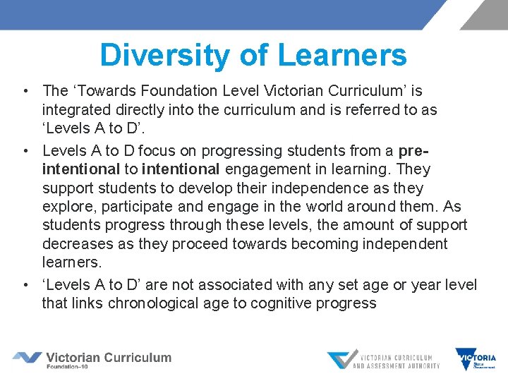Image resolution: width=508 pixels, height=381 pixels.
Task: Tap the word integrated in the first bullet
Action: [x=73, y=110]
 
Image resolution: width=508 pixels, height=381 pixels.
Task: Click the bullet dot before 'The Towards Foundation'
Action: [x=25, y=91]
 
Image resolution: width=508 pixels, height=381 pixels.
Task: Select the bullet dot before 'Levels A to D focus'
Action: [x=25, y=151]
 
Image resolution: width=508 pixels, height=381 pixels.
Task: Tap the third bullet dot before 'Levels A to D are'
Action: [x=25, y=285]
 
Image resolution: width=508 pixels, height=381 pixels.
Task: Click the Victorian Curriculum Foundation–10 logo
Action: [x=92, y=359]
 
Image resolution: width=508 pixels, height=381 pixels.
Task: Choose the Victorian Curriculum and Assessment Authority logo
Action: [x=383, y=360]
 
